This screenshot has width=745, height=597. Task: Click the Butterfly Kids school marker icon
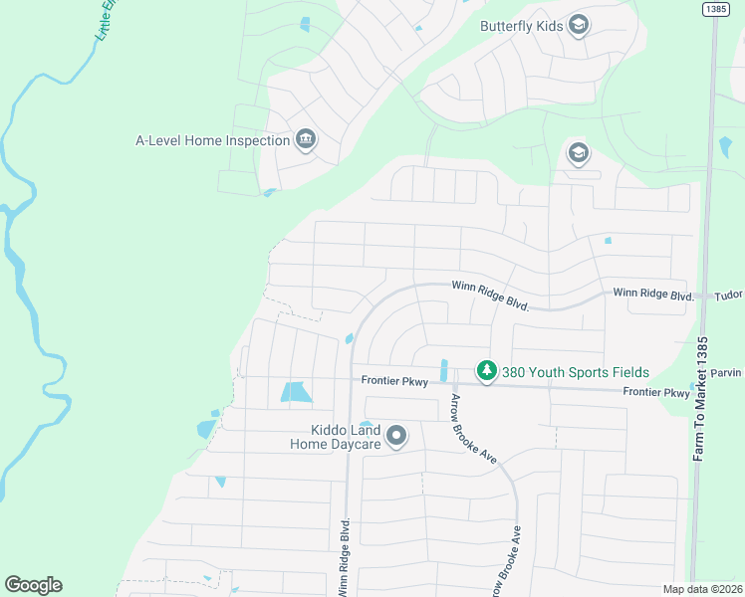(x=578, y=26)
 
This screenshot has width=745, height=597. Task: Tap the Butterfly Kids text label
(x=521, y=26)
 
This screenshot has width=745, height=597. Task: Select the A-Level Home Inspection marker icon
(x=306, y=140)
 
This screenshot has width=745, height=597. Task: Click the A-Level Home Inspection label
(x=213, y=140)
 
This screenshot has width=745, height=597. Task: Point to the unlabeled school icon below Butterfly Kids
(x=578, y=153)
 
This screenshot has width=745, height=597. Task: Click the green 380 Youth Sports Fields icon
(x=486, y=371)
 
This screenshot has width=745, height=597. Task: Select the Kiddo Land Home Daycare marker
(x=396, y=436)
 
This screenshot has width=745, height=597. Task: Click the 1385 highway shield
(x=714, y=9)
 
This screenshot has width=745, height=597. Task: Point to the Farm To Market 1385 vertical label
(x=701, y=398)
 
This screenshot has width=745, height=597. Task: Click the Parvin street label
(x=728, y=373)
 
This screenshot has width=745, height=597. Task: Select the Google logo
(x=33, y=585)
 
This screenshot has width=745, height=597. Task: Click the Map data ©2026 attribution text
(x=702, y=589)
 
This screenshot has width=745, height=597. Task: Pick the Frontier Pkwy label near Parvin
(x=655, y=393)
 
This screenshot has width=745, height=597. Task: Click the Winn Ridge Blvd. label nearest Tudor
(x=652, y=296)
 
